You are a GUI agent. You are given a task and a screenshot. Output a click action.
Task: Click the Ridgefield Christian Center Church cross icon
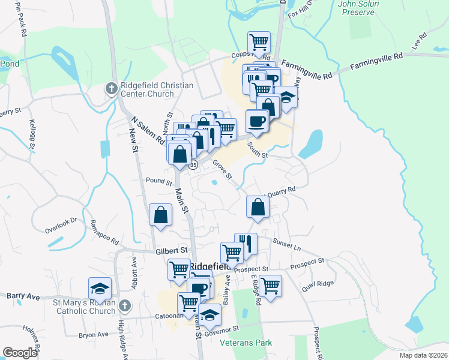pyautogui.click(x=111, y=89)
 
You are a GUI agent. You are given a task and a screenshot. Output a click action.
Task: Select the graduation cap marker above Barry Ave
pyautogui.click(x=100, y=289)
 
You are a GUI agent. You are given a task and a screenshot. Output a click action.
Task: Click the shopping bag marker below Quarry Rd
pyautogui.click(x=258, y=207)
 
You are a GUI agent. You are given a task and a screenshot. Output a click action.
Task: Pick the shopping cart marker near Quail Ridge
pyautogui.click(x=271, y=285)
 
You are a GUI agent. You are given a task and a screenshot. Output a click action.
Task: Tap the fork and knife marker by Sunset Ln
pyautogui.click(x=246, y=243)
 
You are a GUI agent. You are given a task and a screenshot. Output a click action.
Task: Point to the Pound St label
pyautogui.click(x=159, y=181)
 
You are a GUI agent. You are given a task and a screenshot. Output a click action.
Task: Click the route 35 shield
pyautogui.click(x=193, y=165)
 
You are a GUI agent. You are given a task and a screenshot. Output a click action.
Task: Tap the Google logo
pyautogui.click(x=20, y=353)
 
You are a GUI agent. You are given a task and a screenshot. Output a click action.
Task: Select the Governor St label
pyautogui.click(x=221, y=329)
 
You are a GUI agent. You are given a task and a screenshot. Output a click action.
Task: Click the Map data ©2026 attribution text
pyautogui.click(x=424, y=355)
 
